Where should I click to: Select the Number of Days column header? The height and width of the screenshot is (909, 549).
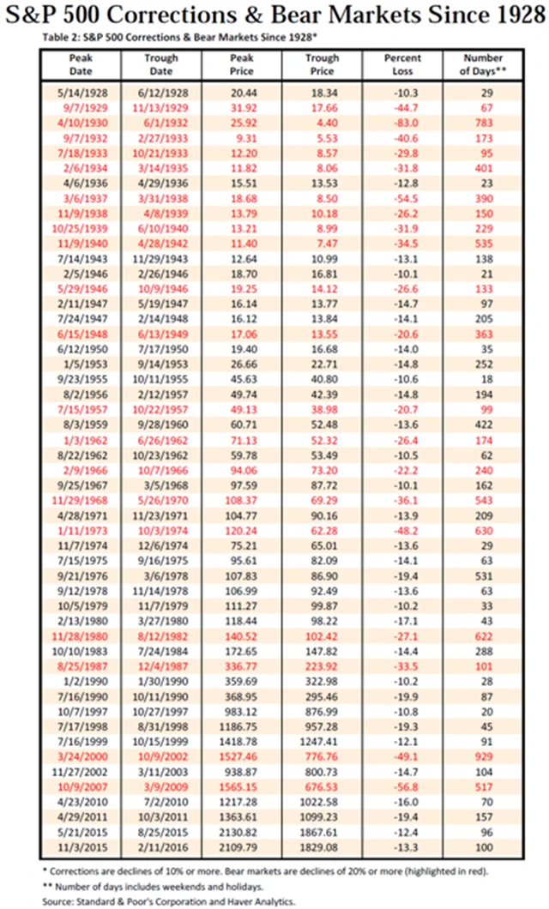(x=482, y=64)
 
